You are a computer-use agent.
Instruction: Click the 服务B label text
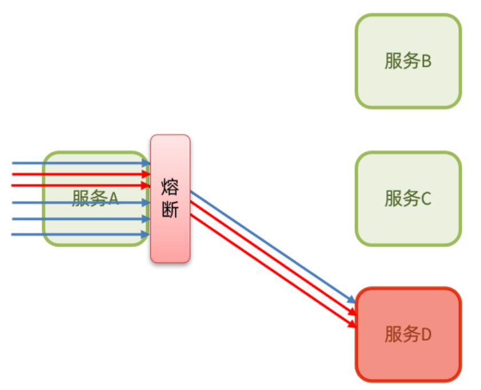tap(408, 61)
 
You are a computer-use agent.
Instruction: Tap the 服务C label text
tap(408, 199)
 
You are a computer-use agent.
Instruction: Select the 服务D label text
tap(408, 334)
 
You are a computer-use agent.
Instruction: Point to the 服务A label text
tap(95, 198)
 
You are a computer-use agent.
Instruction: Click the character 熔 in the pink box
tap(170, 187)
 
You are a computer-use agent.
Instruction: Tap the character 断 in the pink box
tap(170, 210)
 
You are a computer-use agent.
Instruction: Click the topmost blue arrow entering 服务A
tap(80, 163)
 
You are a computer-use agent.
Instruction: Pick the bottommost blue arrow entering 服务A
tap(80, 234)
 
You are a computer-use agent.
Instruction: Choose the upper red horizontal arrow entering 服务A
tap(80, 174)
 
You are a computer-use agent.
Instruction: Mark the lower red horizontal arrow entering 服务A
tap(80, 184)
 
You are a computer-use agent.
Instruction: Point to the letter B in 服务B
tap(425, 61)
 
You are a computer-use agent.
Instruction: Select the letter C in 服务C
tap(425, 199)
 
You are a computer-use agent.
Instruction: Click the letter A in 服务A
tap(112, 199)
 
